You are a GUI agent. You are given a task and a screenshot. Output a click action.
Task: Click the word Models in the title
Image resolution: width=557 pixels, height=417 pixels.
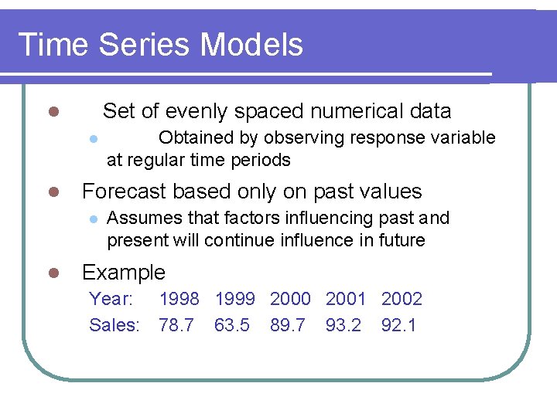[x=251, y=45]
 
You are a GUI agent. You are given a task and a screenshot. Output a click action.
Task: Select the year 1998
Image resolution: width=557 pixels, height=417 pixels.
[x=179, y=299]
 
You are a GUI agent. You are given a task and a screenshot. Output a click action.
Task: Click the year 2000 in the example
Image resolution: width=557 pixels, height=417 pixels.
[x=290, y=299]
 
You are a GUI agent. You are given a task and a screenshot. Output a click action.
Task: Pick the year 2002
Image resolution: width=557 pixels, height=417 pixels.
[x=402, y=299]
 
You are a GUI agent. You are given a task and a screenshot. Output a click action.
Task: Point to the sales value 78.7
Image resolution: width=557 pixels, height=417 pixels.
[x=176, y=325]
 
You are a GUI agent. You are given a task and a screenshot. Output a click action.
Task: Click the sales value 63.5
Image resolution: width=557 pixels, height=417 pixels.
[x=232, y=325]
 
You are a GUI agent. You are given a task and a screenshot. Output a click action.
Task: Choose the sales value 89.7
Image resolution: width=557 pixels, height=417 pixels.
[x=288, y=325]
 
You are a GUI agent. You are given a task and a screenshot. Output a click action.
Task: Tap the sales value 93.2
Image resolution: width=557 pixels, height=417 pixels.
[x=343, y=325]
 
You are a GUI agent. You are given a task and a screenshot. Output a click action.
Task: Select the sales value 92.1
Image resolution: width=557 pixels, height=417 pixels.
[x=399, y=325]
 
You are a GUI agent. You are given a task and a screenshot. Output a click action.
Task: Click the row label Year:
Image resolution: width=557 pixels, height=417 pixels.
[x=111, y=299]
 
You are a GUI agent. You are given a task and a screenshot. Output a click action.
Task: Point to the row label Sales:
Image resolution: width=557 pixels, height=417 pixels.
[x=114, y=325]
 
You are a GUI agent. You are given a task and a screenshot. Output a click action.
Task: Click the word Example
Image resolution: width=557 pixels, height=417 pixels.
[x=124, y=273]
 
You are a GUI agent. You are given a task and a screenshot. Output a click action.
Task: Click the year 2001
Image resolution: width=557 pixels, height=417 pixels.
[x=346, y=299]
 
